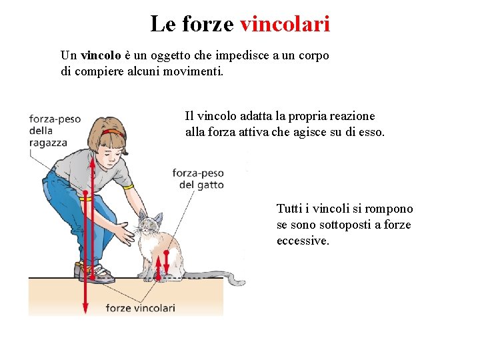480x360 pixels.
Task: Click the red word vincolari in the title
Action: click(x=285, y=23)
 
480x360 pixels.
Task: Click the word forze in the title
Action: click(x=208, y=23)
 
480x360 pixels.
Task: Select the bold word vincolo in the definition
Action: click(x=101, y=55)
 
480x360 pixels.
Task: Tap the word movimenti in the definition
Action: click(x=193, y=71)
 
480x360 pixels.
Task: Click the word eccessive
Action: click(x=303, y=241)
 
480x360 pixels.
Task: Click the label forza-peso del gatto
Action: click(x=198, y=179)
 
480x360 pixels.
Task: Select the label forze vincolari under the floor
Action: click(x=141, y=307)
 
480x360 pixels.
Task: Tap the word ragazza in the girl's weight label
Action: click(x=48, y=143)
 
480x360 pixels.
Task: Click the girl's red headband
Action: click(x=113, y=133)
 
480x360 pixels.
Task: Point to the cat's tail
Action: click(x=214, y=277)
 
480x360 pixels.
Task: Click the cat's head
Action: click(x=150, y=222)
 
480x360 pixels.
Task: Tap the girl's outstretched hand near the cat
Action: click(x=125, y=233)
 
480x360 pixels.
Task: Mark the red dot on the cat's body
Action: click(x=166, y=253)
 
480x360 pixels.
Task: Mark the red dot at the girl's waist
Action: click(x=85, y=193)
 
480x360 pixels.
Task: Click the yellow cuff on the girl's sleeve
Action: click(x=129, y=187)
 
